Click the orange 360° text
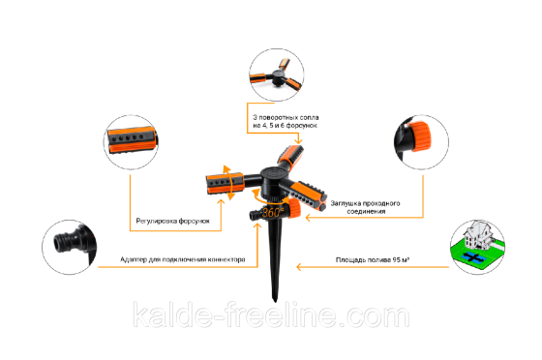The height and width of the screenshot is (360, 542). (273, 211)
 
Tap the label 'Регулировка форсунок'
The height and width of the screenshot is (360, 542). (172, 221)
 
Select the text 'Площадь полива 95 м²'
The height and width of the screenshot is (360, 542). (373, 259)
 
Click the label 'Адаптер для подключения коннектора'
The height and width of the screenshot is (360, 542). (183, 259)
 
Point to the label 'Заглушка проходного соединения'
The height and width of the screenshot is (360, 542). (366, 207)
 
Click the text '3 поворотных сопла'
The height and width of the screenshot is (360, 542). (286, 117)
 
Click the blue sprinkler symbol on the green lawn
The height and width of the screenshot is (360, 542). (474, 256)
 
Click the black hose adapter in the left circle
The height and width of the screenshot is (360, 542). (74, 241)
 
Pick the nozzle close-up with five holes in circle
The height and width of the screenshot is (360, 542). (132, 140)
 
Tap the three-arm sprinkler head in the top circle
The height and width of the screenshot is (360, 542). (277, 76)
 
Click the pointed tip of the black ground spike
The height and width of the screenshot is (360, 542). (275, 301)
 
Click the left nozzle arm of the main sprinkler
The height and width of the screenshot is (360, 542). (225, 183)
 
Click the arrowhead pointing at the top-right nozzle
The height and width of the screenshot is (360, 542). (298, 141)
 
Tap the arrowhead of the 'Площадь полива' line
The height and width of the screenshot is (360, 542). (299, 267)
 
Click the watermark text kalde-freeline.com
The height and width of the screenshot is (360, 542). (271, 315)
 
